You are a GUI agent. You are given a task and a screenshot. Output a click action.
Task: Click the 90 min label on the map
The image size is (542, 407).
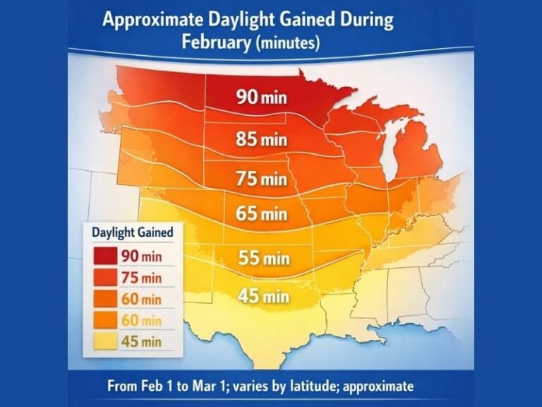tap(261, 98)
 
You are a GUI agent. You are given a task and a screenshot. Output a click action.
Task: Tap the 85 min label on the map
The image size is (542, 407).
tap(261, 139)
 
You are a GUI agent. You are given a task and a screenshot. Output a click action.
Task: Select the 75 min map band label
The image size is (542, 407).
tap(261, 179)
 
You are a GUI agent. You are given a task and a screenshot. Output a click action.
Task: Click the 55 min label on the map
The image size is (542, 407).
tap(263, 258)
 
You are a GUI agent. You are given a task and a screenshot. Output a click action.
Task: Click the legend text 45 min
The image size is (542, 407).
tap(141, 342)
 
